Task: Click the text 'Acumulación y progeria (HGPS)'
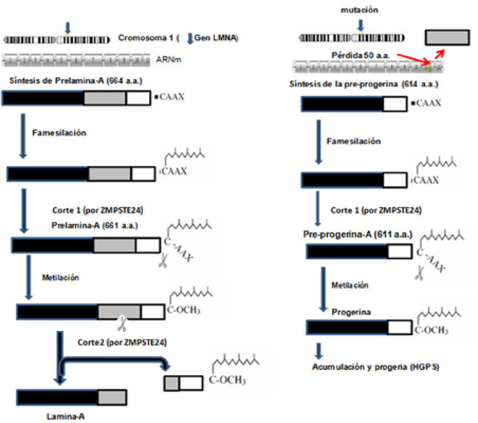(375, 367)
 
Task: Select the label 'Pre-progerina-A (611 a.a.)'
(358, 234)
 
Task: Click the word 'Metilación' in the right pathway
(350, 285)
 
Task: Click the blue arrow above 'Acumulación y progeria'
(319, 350)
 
